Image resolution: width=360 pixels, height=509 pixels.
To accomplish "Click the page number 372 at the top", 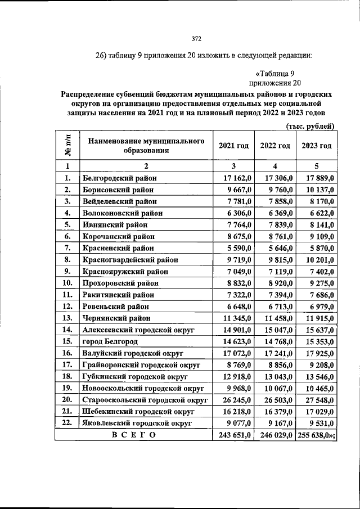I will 196,39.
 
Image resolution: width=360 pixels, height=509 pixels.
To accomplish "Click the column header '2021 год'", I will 233,146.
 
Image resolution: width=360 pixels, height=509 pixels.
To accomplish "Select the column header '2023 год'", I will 317,146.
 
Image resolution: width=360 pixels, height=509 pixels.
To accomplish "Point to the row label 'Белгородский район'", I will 119,178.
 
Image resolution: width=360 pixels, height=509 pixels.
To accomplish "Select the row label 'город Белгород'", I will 110,341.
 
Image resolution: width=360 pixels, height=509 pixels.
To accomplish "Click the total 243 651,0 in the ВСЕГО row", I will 233,435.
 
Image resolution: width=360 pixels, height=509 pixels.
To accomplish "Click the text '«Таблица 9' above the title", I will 275,73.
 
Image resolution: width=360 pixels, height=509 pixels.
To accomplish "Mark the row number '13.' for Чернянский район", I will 67,318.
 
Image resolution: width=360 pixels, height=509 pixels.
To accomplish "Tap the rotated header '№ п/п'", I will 67,146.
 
